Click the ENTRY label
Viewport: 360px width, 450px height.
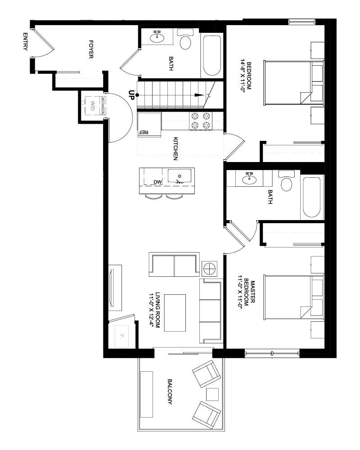[x=25, y=41]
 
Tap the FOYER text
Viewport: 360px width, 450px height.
[x=91, y=49]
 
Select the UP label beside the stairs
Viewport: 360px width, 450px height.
[x=131, y=95]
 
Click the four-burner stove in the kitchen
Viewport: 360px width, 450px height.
[x=200, y=121]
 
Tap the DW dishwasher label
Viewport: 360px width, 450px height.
[x=157, y=182]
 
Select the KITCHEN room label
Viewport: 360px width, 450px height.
[x=175, y=148]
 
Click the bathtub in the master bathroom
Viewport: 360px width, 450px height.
[x=311, y=198]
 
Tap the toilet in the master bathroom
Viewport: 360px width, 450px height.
[x=286, y=180]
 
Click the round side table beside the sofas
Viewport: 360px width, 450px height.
[x=209, y=269]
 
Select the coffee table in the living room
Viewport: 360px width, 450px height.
[x=175, y=313]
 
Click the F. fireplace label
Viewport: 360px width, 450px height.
[x=121, y=336]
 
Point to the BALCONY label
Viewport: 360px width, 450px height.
[x=170, y=392]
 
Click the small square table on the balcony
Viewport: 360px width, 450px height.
[x=212, y=394]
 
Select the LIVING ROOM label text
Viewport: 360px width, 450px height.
[x=157, y=311]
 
